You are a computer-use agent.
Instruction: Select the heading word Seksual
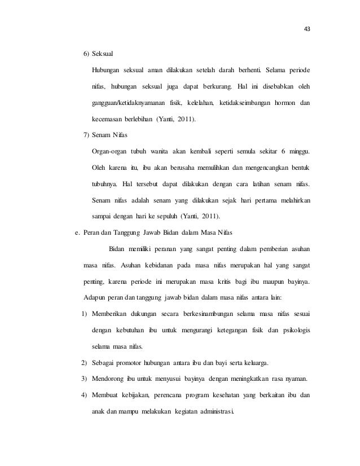pyautogui.click(x=104, y=54)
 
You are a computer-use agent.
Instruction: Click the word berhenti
pyautogui.click(x=248, y=71)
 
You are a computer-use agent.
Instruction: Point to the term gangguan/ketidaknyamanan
pyautogui.click(x=133, y=103)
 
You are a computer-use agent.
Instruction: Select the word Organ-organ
pyautogui.click(x=111, y=152)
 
